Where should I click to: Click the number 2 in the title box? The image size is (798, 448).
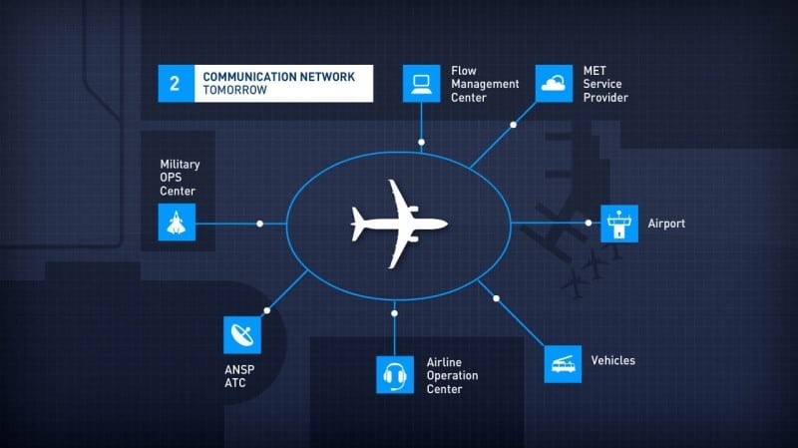coord(175,84)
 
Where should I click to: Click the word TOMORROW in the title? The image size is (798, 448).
coord(234,90)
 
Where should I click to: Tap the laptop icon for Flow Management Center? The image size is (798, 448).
coord(421,84)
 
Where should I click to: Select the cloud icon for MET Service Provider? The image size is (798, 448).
coord(554,84)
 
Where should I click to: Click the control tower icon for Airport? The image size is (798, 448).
coord(619,224)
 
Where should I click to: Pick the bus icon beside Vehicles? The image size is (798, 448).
coord(563,364)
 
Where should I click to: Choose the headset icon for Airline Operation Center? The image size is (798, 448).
coord(395,375)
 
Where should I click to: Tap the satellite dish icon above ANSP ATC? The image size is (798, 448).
coord(242,335)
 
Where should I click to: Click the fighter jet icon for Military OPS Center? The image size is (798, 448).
coord(177,223)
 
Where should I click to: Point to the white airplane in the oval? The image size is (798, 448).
coord(399,224)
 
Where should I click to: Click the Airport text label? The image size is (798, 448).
coord(666,224)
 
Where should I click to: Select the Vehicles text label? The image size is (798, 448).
coord(612,360)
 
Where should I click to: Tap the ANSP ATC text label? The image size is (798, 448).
coord(239,376)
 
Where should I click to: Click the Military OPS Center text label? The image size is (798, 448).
coord(180,178)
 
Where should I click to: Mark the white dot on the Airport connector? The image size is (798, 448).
coord(589,223)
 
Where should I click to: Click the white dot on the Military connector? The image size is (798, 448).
coord(259,224)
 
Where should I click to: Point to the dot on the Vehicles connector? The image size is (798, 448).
coord(496,298)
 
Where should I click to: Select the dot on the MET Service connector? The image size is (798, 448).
coord(514,125)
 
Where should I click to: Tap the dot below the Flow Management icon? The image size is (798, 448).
coord(421,142)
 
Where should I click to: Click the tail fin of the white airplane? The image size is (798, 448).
coord(357,224)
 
